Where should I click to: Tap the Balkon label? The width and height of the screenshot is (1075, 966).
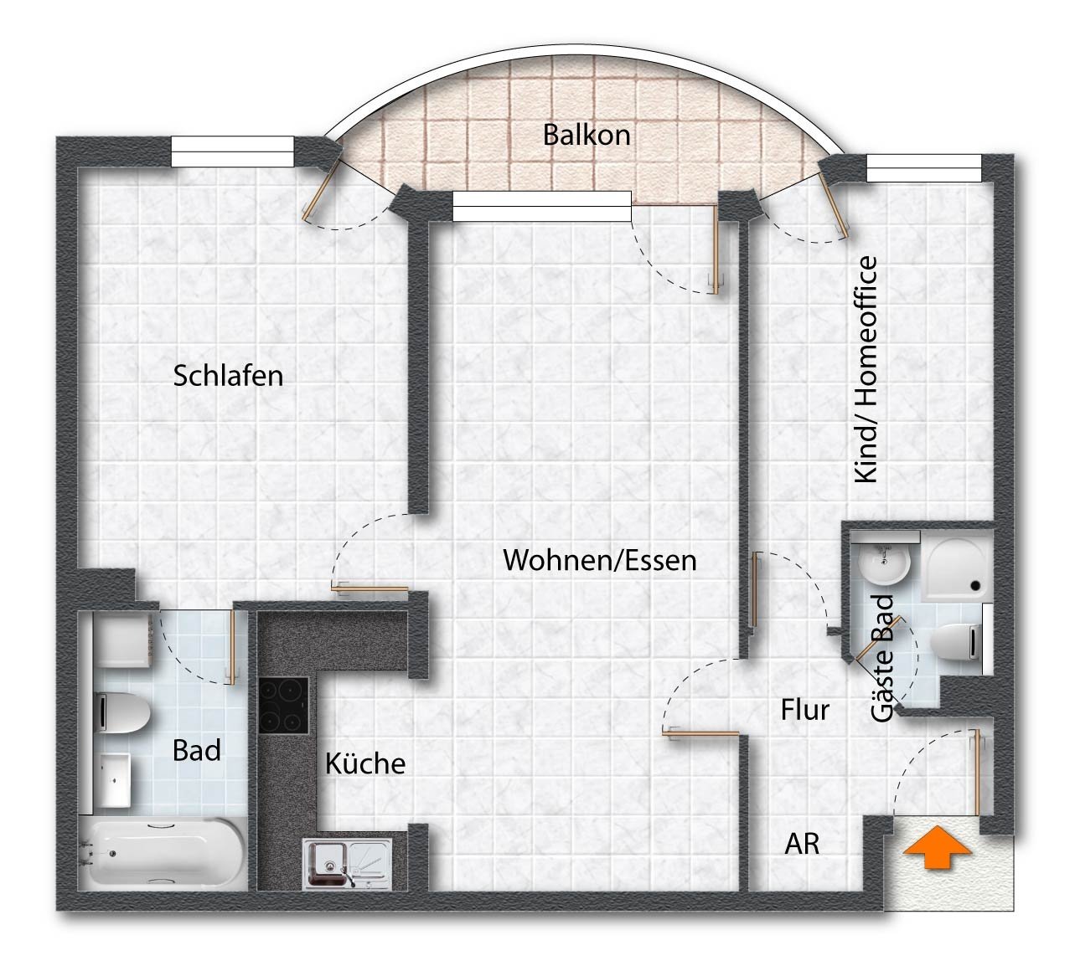pyautogui.click(x=587, y=135)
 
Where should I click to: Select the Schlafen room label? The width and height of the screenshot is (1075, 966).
pyautogui.click(x=228, y=376)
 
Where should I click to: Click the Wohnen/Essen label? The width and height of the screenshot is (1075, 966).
pyautogui.click(x=600, y=561)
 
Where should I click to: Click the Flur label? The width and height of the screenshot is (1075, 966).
pyautogui.click(x=805, y=710)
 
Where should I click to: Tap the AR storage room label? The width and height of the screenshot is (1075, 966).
pyautogui.click(x=802, y=845)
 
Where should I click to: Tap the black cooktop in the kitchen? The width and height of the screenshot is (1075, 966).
pyautogui.click(x=283, y=705)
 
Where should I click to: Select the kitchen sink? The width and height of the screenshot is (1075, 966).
pyautogui.click(x=347, y=864)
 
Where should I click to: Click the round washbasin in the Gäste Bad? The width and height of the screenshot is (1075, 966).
pyautogui.click(x=884, y=565)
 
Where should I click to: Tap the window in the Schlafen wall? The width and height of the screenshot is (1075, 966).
pyautogui.click(x=233, y=151)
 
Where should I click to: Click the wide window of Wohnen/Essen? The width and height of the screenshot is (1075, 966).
pyautogui.click(x=542, y=206)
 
